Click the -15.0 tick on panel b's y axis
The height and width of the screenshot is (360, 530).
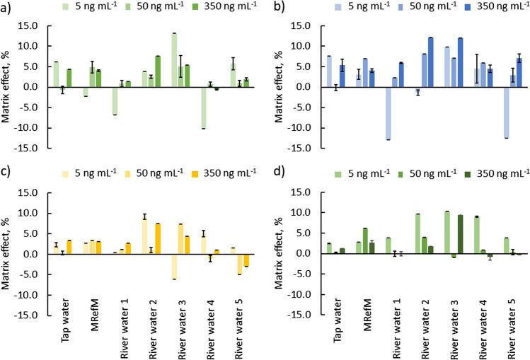tap(299, 149)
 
